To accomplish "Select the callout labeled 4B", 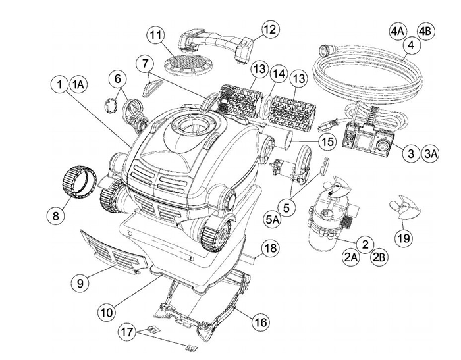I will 425,31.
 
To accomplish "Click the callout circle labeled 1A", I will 78,84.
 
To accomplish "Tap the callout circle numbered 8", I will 56,215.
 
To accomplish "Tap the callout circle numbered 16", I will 261,322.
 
